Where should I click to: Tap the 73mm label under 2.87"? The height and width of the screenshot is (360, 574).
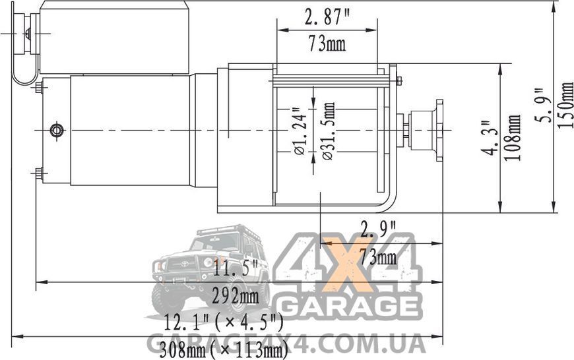tap(327, 44)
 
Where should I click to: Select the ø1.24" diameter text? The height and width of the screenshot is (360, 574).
tap(300, 131)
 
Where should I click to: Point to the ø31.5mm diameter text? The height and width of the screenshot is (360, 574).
tap(329, 131)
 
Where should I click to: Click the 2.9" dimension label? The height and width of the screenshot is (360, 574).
tap(378, 229)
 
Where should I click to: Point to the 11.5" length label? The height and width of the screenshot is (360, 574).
tap(236, 269)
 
